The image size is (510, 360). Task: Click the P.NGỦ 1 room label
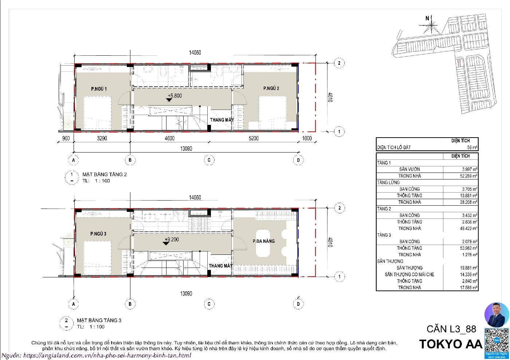tap(99, 89)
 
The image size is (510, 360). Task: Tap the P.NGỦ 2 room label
tap(271, 88)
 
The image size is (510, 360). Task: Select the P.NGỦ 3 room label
tap(98, 234)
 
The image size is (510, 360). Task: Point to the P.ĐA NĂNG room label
tap(263, 241)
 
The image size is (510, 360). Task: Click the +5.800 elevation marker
tap(174, 96)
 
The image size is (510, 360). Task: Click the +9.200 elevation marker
tap(171, 240)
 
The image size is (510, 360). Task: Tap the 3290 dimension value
tap(102, 138)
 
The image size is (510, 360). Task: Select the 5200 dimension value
tap(253, 138)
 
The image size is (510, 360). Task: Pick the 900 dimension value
tap(66, 138)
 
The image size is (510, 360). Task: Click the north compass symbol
tap(430, 25)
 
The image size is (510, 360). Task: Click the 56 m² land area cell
tap(472, 147)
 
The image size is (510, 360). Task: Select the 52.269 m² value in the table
tap(468, 176)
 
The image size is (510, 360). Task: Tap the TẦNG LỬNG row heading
tap(388, 182)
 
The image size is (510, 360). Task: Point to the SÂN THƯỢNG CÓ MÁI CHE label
tap(409, 274)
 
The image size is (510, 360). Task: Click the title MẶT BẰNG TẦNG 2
tap(104, 174)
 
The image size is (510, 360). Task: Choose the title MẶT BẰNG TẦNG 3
tap(99, 320)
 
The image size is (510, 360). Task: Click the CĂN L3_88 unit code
tap(451, 329)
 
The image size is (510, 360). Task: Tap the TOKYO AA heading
tap(451, 344)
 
